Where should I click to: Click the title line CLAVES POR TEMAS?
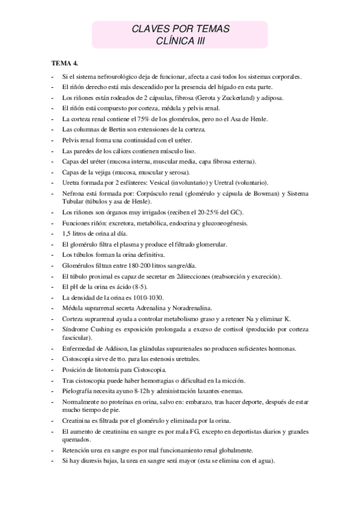(x=180, y=29)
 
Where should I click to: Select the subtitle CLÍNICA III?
(x=180, y=40)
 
